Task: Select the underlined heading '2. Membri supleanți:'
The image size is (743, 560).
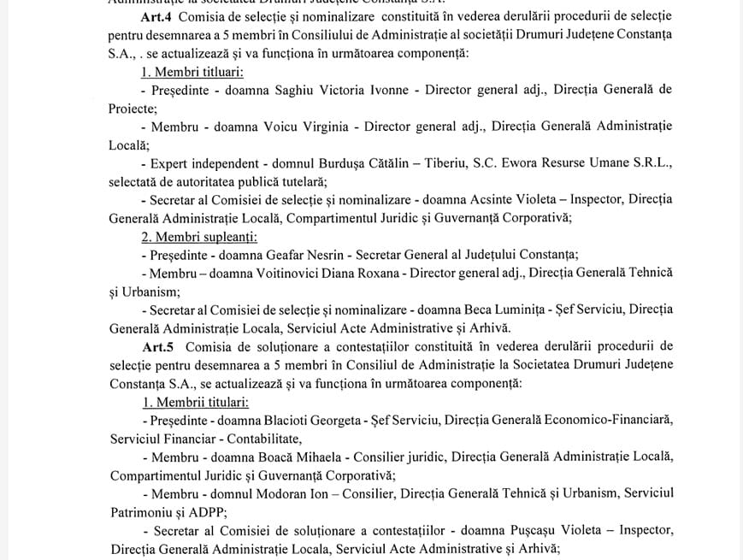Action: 199,236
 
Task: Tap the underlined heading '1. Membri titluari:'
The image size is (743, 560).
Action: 192,71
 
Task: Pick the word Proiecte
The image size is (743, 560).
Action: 132,109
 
